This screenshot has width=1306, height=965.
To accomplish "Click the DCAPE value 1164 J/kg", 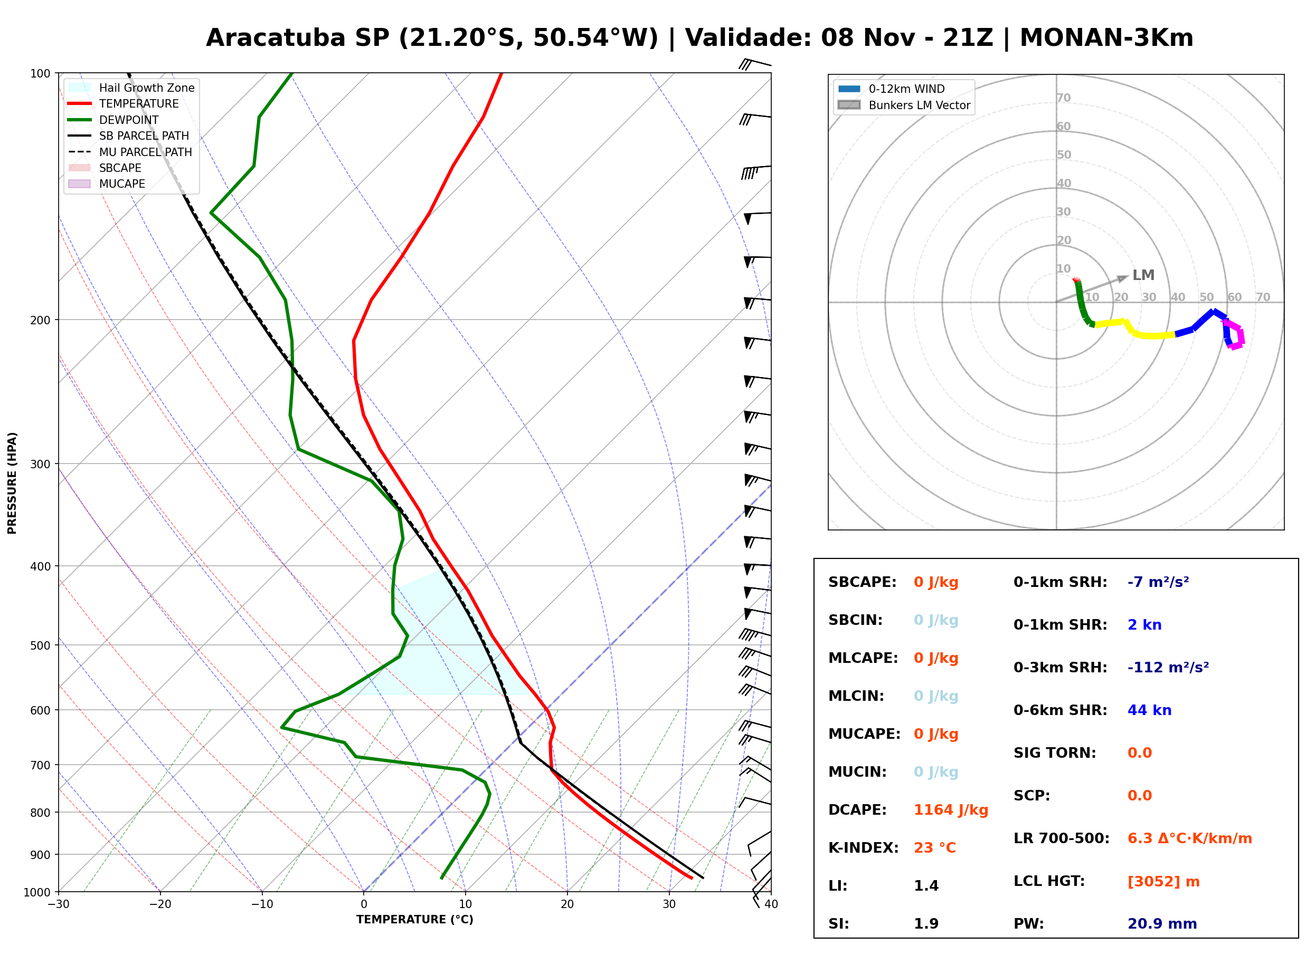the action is pyautogui.click(x=951, y=810).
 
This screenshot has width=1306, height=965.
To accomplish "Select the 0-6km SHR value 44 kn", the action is pyautogui.click(x=1149, y=710).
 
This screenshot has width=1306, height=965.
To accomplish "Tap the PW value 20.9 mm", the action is pyautogui.click(x=1162, y=924).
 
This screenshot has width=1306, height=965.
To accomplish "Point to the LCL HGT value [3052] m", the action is pyautogui.click(x=1163, y=882).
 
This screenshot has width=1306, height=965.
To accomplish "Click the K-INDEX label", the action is pyautogui.click(x=864, y=847).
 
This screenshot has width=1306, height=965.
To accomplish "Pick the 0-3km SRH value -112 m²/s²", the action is pyautogui.click(x=1168, y=667).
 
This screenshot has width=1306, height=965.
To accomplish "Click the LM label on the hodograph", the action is pyautogui.click(x=1143, y=275).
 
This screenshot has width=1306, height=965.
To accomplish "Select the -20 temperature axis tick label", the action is pyautogui.click(x=160, y=904).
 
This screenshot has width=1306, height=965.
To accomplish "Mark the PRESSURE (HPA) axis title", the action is pyautogui.click(x=12, y=483).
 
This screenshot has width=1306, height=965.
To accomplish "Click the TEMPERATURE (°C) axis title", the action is pyautogui.click(x=415, y=920).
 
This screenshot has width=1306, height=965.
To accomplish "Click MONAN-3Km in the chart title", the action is pyautogui.click(x=1106, y=38).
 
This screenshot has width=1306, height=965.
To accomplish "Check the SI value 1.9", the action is pyautogui.click(x=926, y=924).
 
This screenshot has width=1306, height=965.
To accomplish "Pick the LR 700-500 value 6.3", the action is pyautogui.click(x=1139, y=839).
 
